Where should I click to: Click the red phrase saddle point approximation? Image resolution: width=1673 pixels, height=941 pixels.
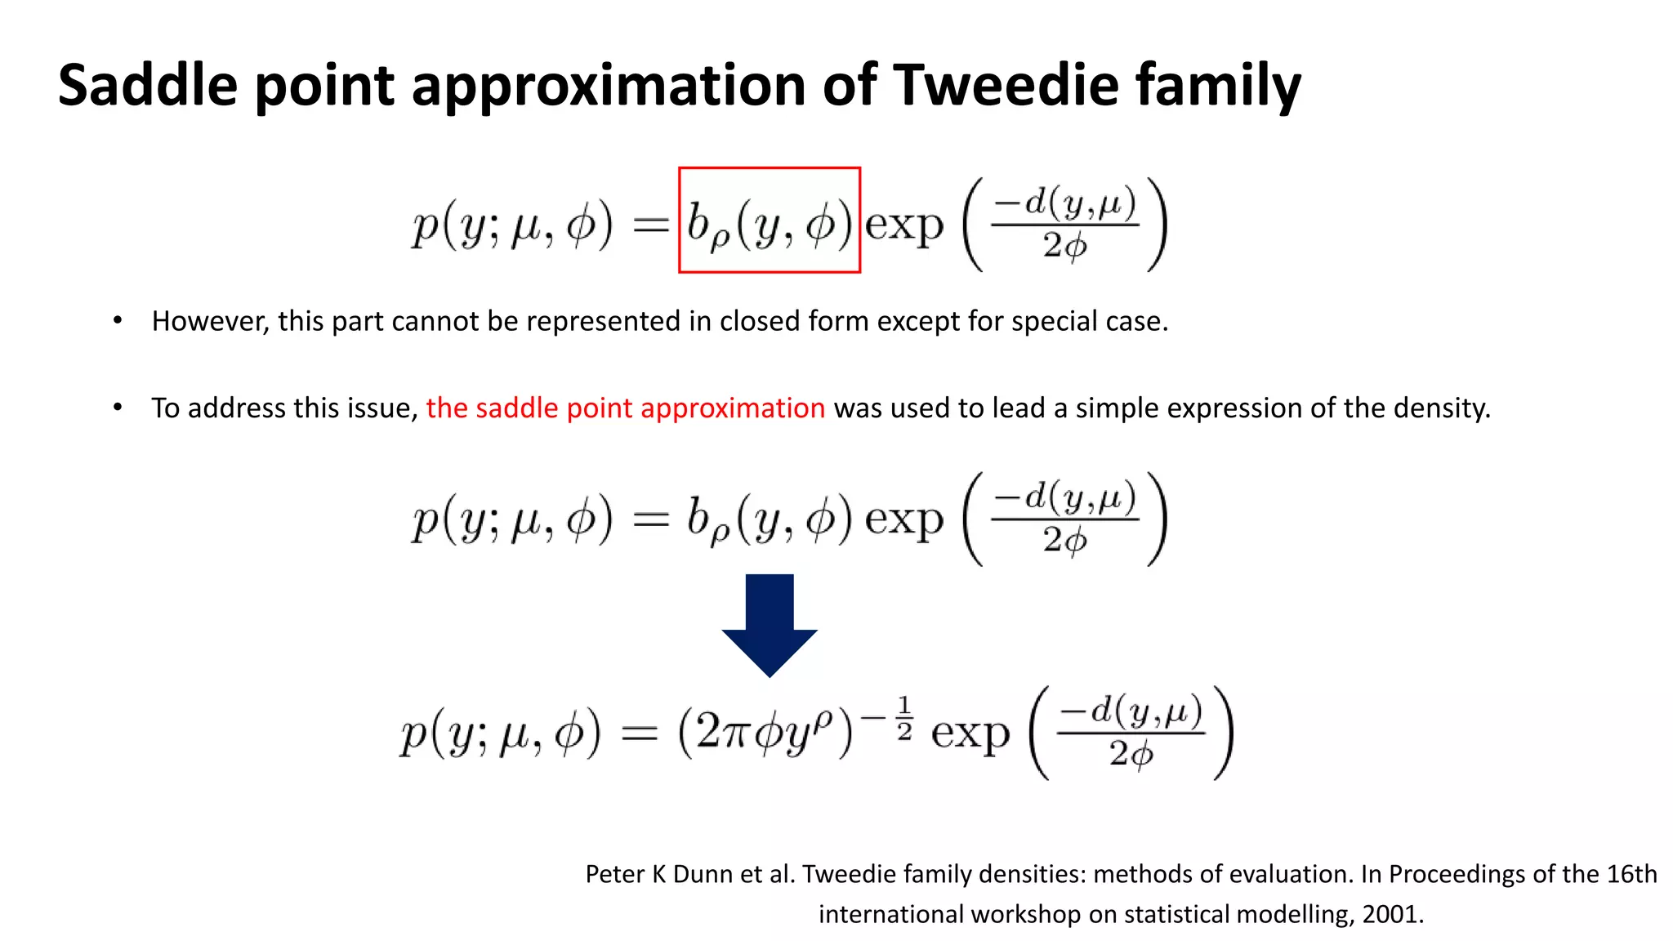pos(626,408)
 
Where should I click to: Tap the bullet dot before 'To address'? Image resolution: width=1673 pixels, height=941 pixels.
pos(118,407)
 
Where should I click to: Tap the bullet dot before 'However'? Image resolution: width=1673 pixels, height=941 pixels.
pos(118,320)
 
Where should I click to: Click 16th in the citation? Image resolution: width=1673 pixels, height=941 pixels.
pos(1631,874)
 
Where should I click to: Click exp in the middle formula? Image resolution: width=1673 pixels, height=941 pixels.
pos(903,520)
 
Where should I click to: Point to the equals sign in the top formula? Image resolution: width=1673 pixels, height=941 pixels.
pos(651,226)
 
